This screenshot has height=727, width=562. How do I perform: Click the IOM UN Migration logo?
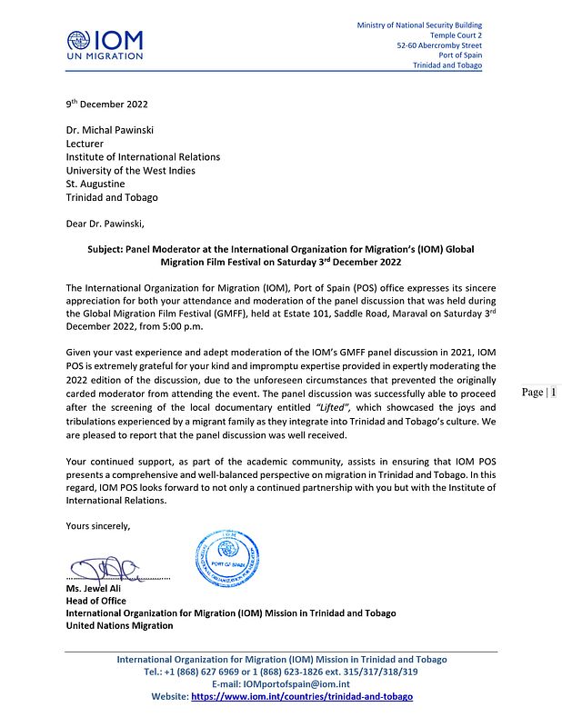point(105,44)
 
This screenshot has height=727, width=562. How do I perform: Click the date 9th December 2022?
point(106,105)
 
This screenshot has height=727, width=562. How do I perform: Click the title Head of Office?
point(95,601)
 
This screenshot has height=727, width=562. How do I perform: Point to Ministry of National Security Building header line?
point(419,25)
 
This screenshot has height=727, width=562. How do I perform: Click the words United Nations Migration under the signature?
point(119,625)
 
